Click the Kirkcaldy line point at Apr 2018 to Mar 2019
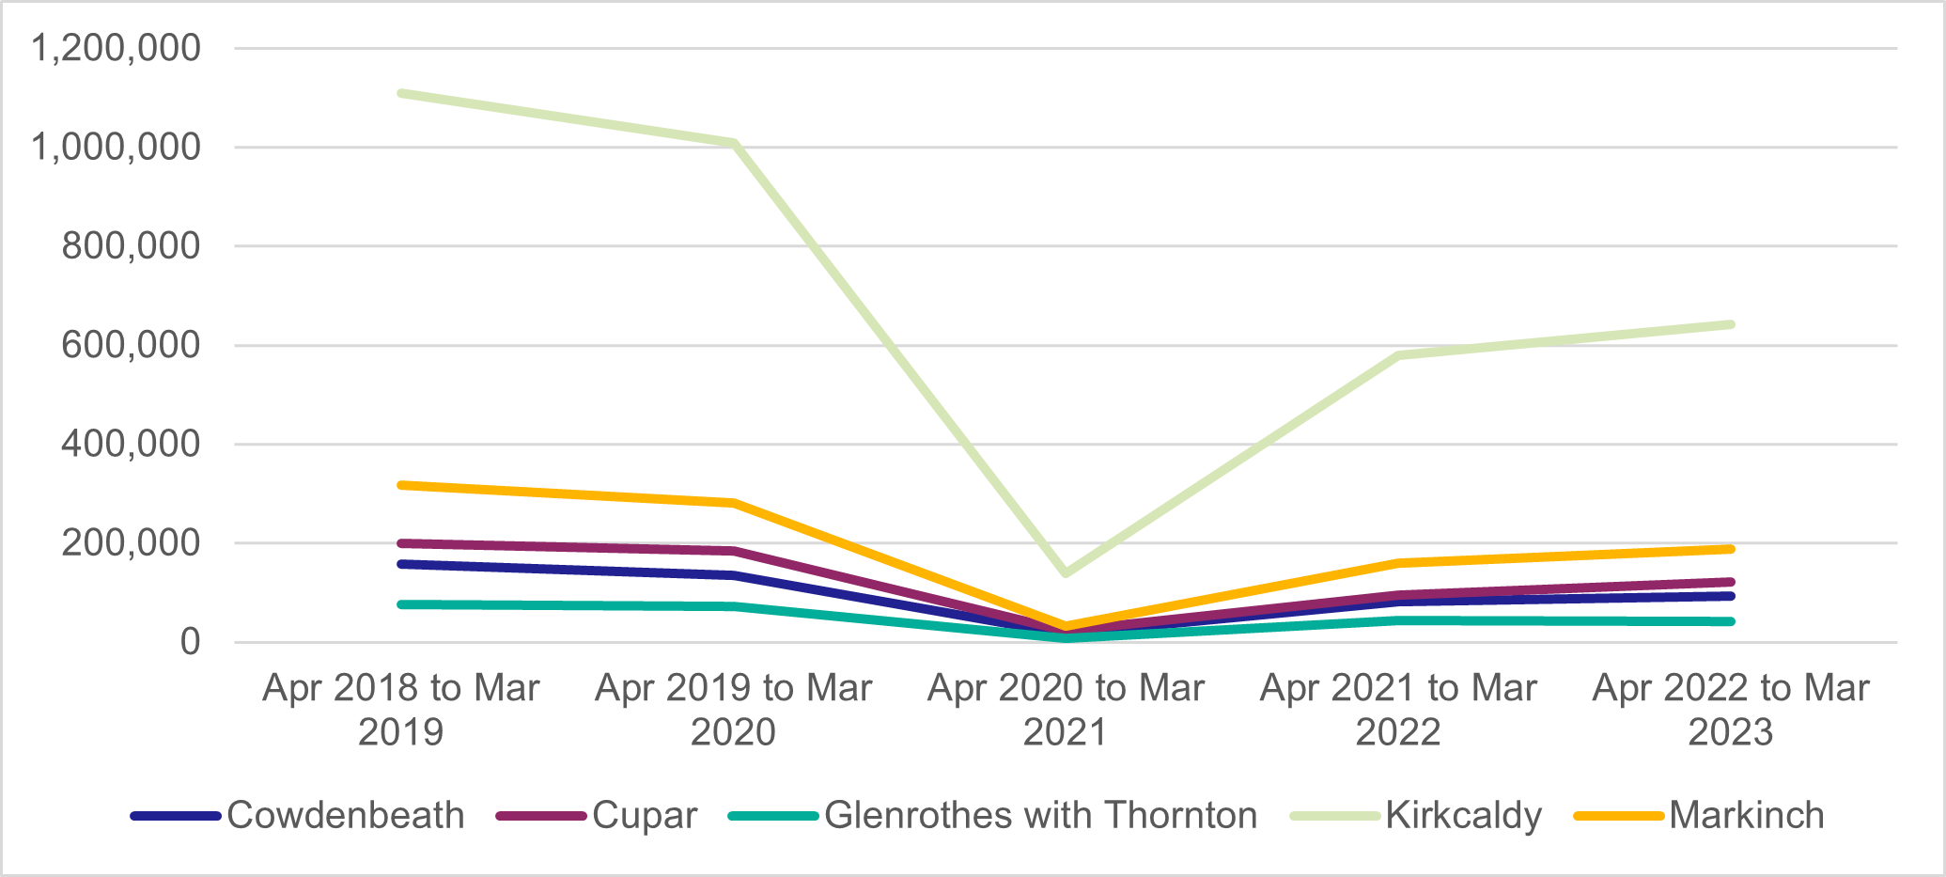coord(401,93)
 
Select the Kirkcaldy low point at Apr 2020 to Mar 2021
coord(1066,572)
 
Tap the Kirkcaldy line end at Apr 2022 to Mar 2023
coord(1731,325)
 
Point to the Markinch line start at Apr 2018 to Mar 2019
coord(401,485)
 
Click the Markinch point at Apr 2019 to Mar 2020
coord(734,503)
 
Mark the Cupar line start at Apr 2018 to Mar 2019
coord(401,543)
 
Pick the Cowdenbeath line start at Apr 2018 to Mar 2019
coord(401,564)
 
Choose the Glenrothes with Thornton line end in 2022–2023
coord(1731,621)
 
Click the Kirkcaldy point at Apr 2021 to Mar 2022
coord(1399,355)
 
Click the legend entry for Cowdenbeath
coord(345,815)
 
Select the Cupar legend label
coord(645,815)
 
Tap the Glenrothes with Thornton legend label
coord(1040,815)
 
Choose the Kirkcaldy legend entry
coord(1463,815)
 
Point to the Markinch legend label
coord(1746,815)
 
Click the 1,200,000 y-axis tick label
coord(116,48)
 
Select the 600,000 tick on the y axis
coord(131,345)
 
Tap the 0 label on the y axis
coord(190,642)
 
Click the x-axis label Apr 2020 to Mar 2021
coord(1066,710)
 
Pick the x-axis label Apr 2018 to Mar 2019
coord(401,710)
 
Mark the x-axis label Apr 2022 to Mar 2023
coord(1731,710)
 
